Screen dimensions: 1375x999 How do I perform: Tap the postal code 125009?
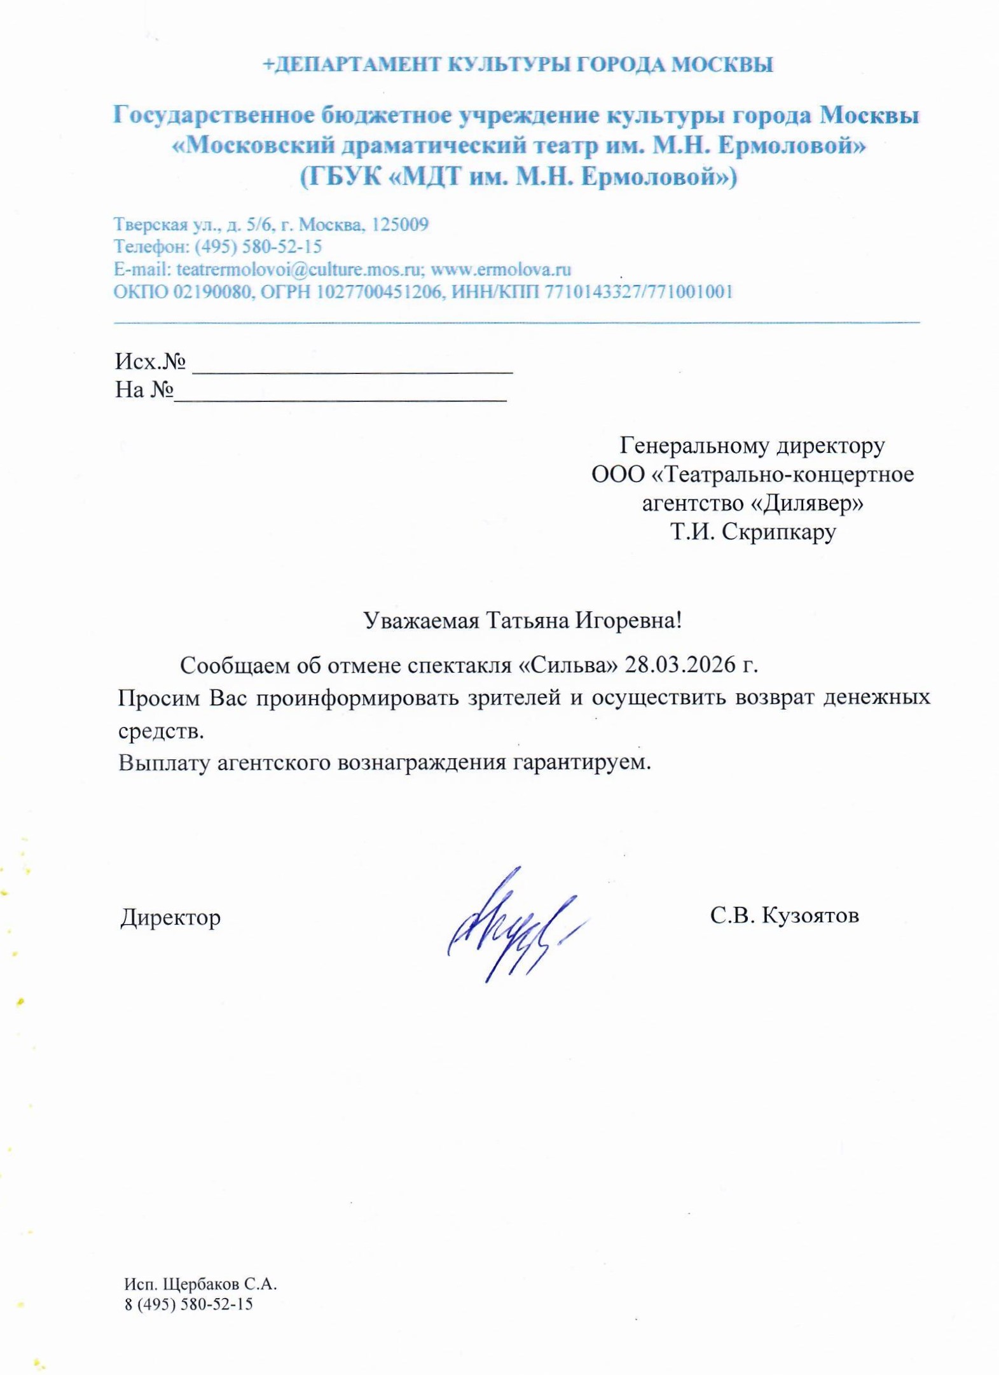pyautogui.click(x=400, y=225)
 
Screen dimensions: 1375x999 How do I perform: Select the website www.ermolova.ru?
pyautogui.click(x=500, y=269)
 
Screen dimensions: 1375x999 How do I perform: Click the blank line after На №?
pyautogui.click(x=340, y=394)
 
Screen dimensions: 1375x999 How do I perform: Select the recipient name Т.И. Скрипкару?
pyautogui.click(x=753, y=531)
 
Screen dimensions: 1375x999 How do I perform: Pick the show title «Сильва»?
pyautogui.click(x=568, y=665)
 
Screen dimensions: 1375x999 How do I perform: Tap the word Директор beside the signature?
pyautogui.click(x=170, y=917)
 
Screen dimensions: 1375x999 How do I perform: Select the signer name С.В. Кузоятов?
pyautogui.click(x=784, y=915)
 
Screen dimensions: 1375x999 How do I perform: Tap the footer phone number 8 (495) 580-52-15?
pyautogui.click(x=188, y=1304)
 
